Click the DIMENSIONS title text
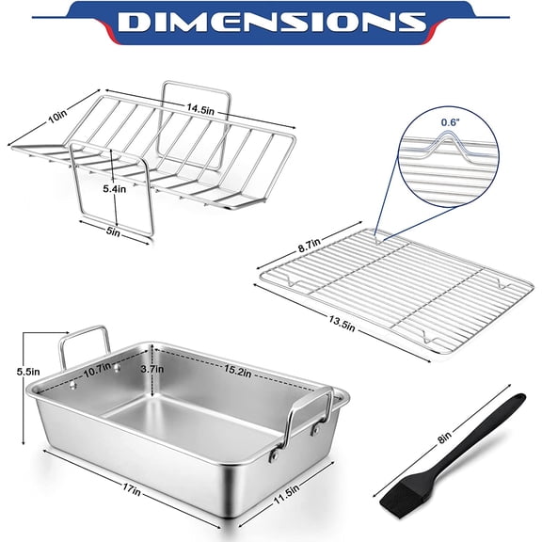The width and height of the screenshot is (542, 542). coord(270,24)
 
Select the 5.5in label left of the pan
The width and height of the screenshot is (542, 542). coord(29,371)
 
